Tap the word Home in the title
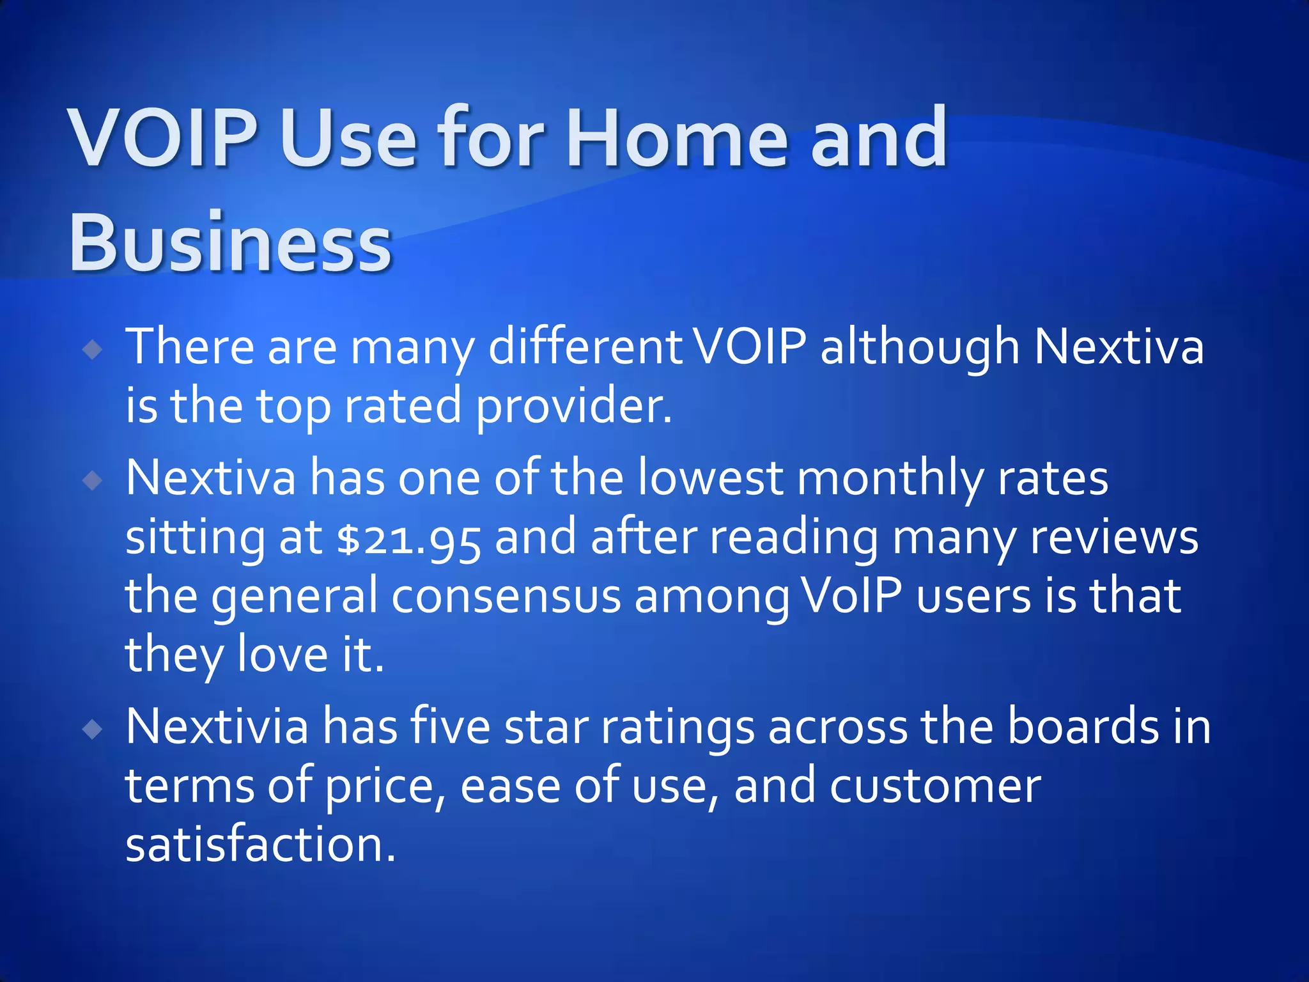pyautogui.click(x=677, y=138)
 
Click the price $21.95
pyautogui.click(x=409, y=538)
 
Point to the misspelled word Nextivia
pyautogui.click(x=217, y=726)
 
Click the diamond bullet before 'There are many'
pyautogui.click(x=93, y=349)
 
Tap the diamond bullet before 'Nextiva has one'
pyautogui.click(x=93, y=480)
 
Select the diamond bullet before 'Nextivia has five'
pyautogui.click(x=93, y=729)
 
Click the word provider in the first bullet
pyautogui.click(x=573, y=407)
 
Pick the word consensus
pyautogui.click(x=506, y=596)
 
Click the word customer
pyautogui.click(x=935, y=786)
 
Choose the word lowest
pyautogui.click(x=710, y=478)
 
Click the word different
pyautogui.click(x=585, y=347)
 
